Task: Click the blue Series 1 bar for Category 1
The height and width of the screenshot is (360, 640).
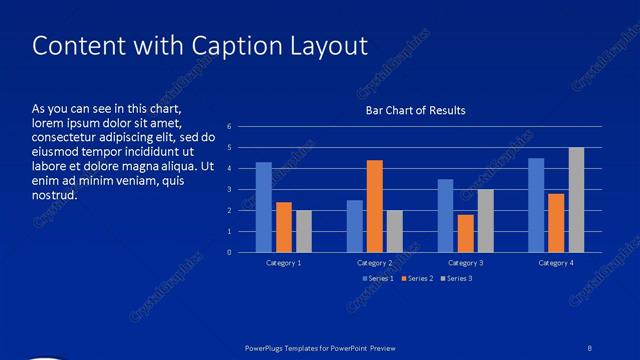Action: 264,207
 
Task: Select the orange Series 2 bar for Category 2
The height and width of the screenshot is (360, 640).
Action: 375,206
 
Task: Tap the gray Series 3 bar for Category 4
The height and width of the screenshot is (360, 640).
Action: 576,200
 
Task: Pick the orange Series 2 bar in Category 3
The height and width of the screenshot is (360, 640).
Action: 465,233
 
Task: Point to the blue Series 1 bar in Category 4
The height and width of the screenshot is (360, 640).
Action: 536,205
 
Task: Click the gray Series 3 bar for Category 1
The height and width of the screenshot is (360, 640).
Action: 304,231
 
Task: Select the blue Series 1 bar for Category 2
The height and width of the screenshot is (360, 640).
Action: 355,226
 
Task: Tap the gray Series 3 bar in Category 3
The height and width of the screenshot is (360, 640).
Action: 485,221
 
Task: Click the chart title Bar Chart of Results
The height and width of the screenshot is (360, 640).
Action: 415,110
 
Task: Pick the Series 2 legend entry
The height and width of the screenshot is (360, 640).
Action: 419,278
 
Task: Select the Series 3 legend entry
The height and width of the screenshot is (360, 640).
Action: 457,278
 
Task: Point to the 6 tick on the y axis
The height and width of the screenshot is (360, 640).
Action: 230,126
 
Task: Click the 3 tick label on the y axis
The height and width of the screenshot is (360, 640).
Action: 230,189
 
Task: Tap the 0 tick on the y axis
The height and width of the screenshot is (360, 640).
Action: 230,252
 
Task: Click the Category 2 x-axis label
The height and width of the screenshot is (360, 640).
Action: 375,263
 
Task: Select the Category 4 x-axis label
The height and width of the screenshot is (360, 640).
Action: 556,263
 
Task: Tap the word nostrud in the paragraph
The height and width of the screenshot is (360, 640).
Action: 54,194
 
